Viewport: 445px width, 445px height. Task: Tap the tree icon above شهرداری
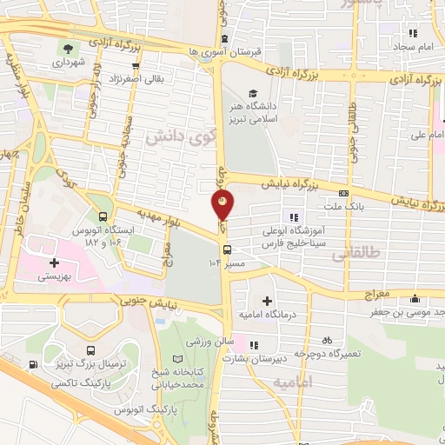point(68,47)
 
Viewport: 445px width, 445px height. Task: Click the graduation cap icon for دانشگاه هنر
point(252,94)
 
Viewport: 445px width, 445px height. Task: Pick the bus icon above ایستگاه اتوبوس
point(103,216)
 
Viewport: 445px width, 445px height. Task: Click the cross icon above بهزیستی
point(55,262)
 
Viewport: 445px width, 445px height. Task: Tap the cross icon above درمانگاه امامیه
point(267,300)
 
